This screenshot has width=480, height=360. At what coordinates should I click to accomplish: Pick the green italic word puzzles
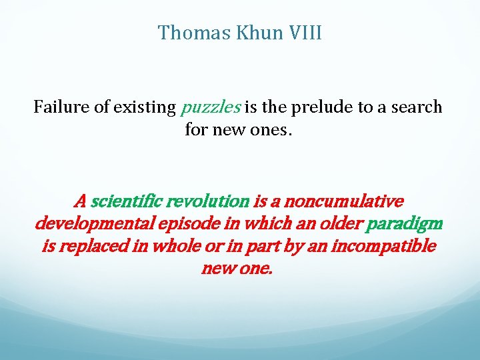211,107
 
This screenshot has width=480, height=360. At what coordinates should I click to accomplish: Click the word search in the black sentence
416,107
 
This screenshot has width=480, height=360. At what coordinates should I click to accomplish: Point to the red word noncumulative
345,201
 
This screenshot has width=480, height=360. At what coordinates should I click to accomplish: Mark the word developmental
89,223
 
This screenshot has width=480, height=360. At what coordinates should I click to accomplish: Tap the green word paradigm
405,223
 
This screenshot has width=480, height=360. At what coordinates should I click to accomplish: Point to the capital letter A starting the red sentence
81,201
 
